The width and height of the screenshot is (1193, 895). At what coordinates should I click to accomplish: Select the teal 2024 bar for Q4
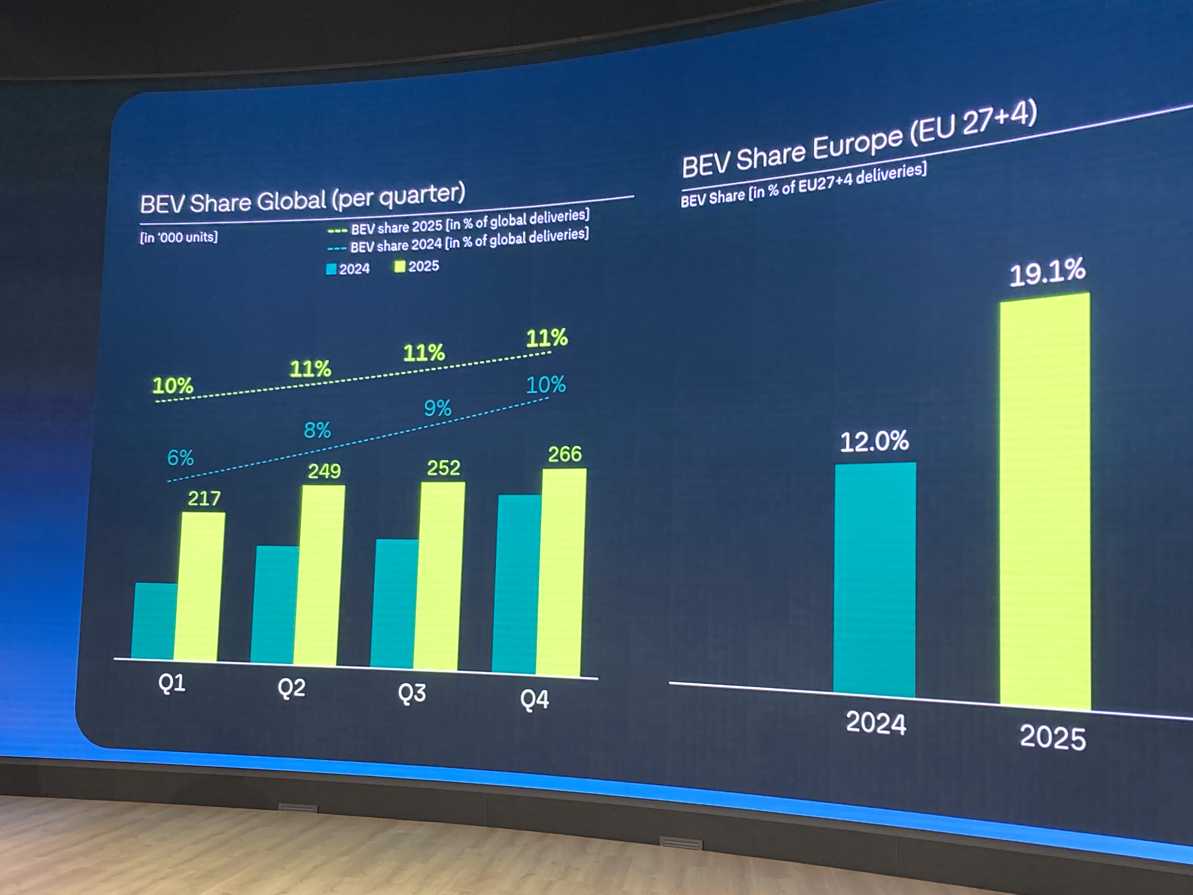[517, 583]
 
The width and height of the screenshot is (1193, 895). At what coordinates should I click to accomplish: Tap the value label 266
[565, 454]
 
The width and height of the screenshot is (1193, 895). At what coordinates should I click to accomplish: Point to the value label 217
[204, 498]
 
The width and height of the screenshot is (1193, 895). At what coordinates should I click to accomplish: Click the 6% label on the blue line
[180, 458]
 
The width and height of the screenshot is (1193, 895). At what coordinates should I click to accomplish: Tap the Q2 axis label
[291, 688]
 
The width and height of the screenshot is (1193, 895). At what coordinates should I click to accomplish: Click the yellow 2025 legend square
[400, 266]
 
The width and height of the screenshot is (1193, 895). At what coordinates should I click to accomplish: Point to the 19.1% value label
[1047, 273]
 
